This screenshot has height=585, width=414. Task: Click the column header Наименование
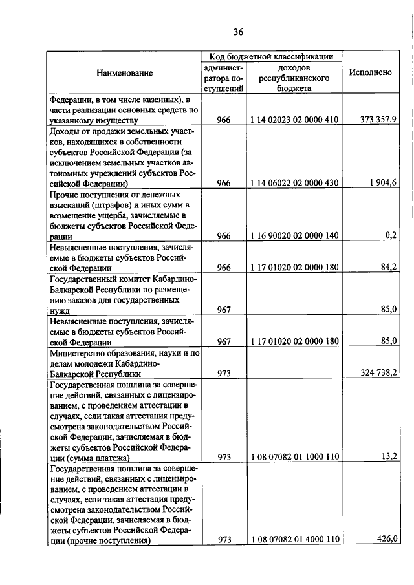(125, 73)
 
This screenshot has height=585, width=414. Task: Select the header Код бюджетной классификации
(271, 57)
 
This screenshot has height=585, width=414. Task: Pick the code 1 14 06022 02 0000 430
(294, 182)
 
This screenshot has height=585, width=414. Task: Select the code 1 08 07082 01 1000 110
(294, 457)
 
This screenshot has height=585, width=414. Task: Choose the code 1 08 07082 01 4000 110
(294, 540)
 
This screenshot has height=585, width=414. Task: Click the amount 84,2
(388, 266)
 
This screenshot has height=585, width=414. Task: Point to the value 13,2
(388, 457)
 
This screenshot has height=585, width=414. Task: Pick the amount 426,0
(386, 540)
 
